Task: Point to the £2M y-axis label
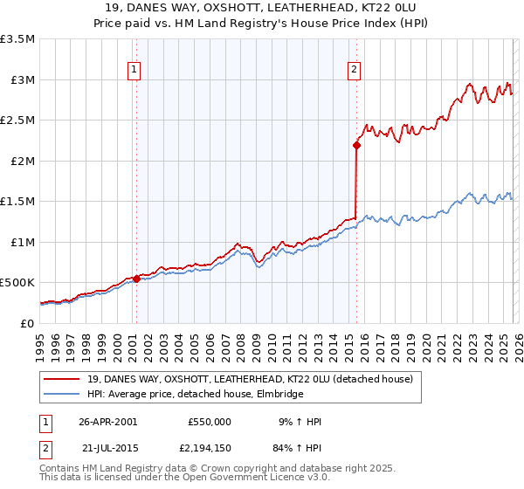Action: coord(21,161)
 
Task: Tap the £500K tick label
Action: coord(17,283)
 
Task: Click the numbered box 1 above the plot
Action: coord(135,71)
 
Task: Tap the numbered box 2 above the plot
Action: coord(355,71)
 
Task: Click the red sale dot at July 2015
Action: coord(356,145)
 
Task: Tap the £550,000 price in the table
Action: coord(210,422)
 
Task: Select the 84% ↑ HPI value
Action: coord(297,448)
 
